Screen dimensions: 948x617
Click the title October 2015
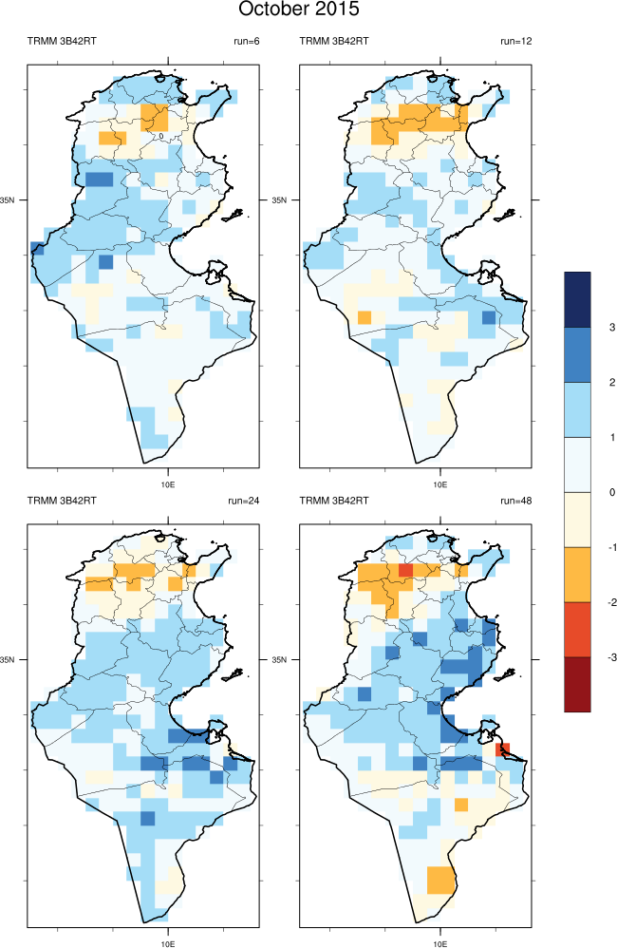point(299,10)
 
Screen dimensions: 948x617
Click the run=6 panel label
point(246,41)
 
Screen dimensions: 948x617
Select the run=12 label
point(518,41)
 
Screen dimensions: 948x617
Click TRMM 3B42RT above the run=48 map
point(334,501)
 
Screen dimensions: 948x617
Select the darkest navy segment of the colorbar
point(577,299)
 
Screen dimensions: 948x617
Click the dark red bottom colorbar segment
point(577,683)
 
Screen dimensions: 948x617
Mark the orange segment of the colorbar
point(577,574)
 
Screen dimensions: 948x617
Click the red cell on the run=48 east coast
point(504,749)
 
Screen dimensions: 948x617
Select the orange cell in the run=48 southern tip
point(439,880)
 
